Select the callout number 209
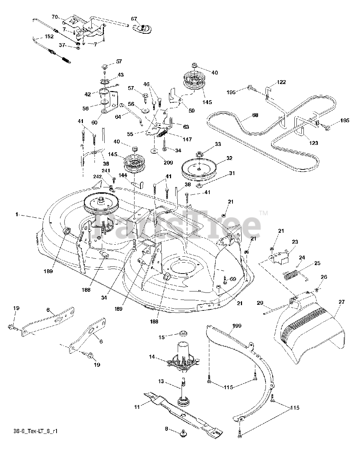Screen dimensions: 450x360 click(x=168, y=153)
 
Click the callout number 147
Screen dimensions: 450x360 click(x=187, y=140)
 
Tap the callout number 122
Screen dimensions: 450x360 click(x=281, y=82)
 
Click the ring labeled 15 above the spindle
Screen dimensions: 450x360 click(x=182, y=332)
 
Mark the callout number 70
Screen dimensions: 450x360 click(x=55, y=17)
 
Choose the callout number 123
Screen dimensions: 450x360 click(x=313, y=143)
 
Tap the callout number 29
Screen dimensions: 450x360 click(x=260, y=303)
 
